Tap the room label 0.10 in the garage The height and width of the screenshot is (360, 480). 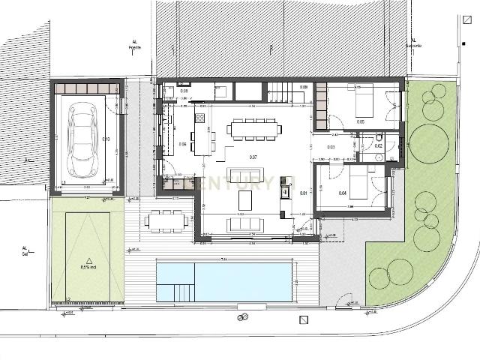point(106,139)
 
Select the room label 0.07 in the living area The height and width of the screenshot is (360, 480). point(253,157)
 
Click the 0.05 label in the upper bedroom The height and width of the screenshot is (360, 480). point(361,121)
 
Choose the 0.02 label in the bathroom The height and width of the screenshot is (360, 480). point(379,145)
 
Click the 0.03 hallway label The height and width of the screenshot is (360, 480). point(331,147)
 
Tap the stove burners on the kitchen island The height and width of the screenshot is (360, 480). point(201,118)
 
